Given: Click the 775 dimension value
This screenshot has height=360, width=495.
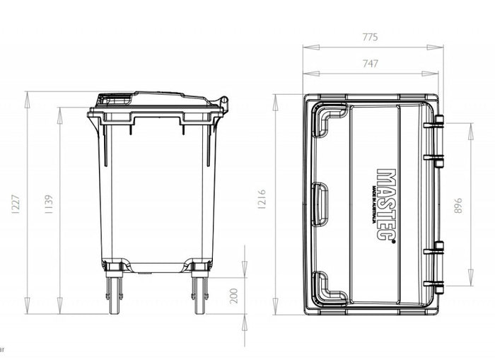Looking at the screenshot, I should coord(371,37).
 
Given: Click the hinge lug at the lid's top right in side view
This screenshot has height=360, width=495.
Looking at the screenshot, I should coord(223,103).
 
